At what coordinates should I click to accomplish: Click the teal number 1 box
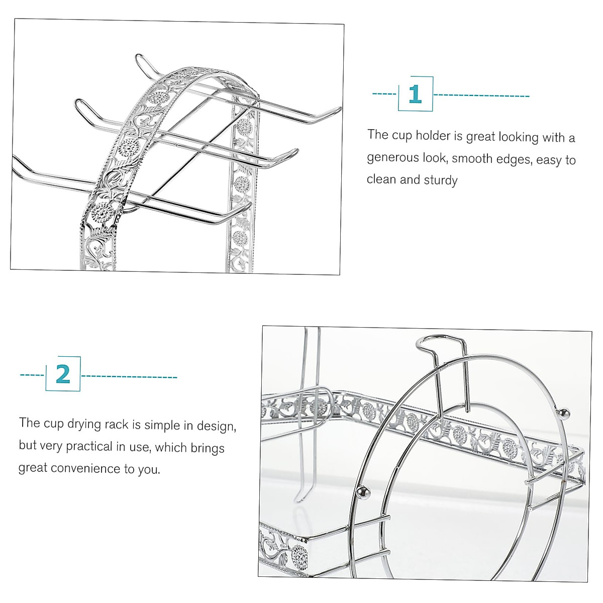click(x=415, y=94)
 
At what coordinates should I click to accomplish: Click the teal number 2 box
click(x=63, y=374)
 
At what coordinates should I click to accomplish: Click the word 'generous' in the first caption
click(x=392, y=158)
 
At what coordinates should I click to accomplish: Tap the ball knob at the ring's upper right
click(x=565, y=414)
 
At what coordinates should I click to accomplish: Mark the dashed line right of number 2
click(x=129, y=376)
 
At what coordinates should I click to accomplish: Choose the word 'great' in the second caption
click(x=33, y=468)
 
